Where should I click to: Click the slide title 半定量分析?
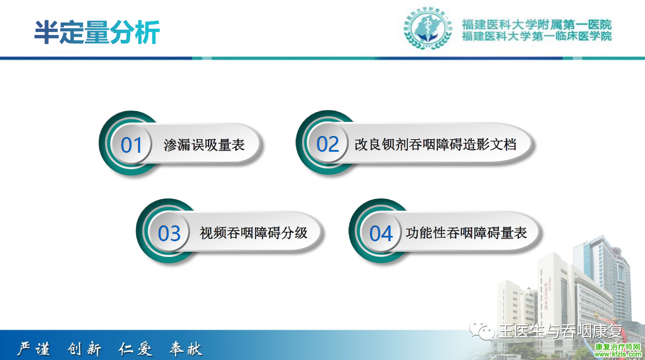pos(97,32)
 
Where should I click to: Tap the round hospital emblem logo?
pos(428,28)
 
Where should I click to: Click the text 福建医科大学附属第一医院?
pos(537,25)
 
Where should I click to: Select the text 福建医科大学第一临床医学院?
pos(537,36)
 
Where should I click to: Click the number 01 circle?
pos(131,144)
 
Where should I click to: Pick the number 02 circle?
pos(327,144)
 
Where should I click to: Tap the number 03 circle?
pos(169,233)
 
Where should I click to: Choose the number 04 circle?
pos(381,233)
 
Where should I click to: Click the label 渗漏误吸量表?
pos(204,145)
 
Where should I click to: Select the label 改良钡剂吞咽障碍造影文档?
pos(436,144)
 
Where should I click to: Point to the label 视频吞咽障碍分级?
pos(254,233)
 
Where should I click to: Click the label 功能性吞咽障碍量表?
pos(466,233)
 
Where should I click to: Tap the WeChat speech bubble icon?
pos(482,330)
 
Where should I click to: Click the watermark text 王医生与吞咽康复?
pos(561,331)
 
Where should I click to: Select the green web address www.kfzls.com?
pos(618,355)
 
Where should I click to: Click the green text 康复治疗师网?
pos(618,347)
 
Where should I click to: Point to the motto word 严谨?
pos(34,349)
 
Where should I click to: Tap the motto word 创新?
pos(84,349)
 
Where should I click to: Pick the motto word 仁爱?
pos(135,349)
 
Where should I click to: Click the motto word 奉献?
pos(186,349)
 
